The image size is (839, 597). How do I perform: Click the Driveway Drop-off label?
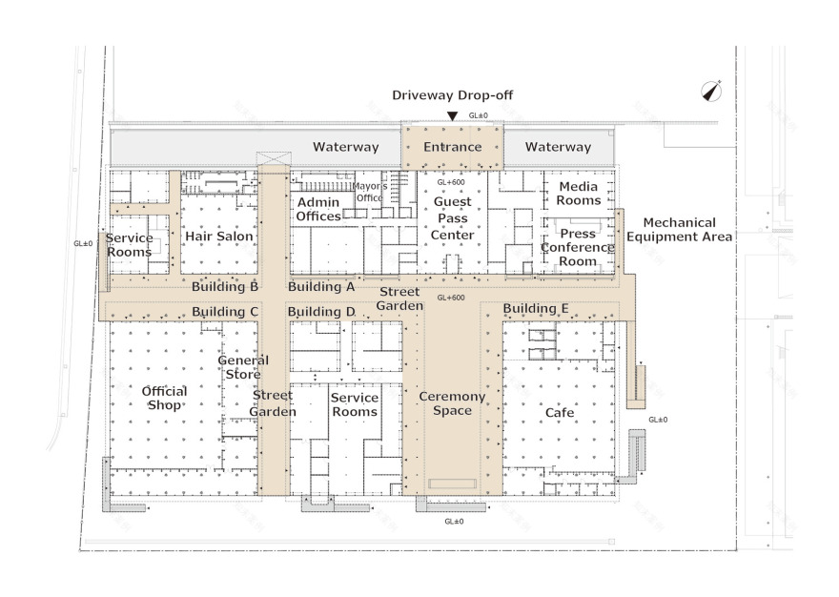452,95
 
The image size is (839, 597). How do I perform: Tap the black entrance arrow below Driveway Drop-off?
453,115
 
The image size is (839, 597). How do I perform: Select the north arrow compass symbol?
711,91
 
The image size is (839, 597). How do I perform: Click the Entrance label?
453,147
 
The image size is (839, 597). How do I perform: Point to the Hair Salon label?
219,237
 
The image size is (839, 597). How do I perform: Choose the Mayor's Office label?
370,192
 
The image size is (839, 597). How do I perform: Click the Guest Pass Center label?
453,218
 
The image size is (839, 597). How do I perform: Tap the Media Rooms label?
579,194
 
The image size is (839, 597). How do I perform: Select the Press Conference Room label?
578,247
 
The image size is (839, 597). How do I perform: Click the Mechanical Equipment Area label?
680,230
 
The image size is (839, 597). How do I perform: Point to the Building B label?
225,286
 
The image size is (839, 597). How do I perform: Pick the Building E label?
536,308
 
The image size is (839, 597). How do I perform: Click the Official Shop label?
164,398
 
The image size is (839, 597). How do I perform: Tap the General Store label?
243,367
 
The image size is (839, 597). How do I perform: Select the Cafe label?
560,412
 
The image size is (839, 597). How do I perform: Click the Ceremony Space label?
452,403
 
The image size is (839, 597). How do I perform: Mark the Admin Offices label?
318,210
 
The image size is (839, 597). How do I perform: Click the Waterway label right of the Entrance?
558,147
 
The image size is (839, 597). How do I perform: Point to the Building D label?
321,312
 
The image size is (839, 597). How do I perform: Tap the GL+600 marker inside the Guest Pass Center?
451,182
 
